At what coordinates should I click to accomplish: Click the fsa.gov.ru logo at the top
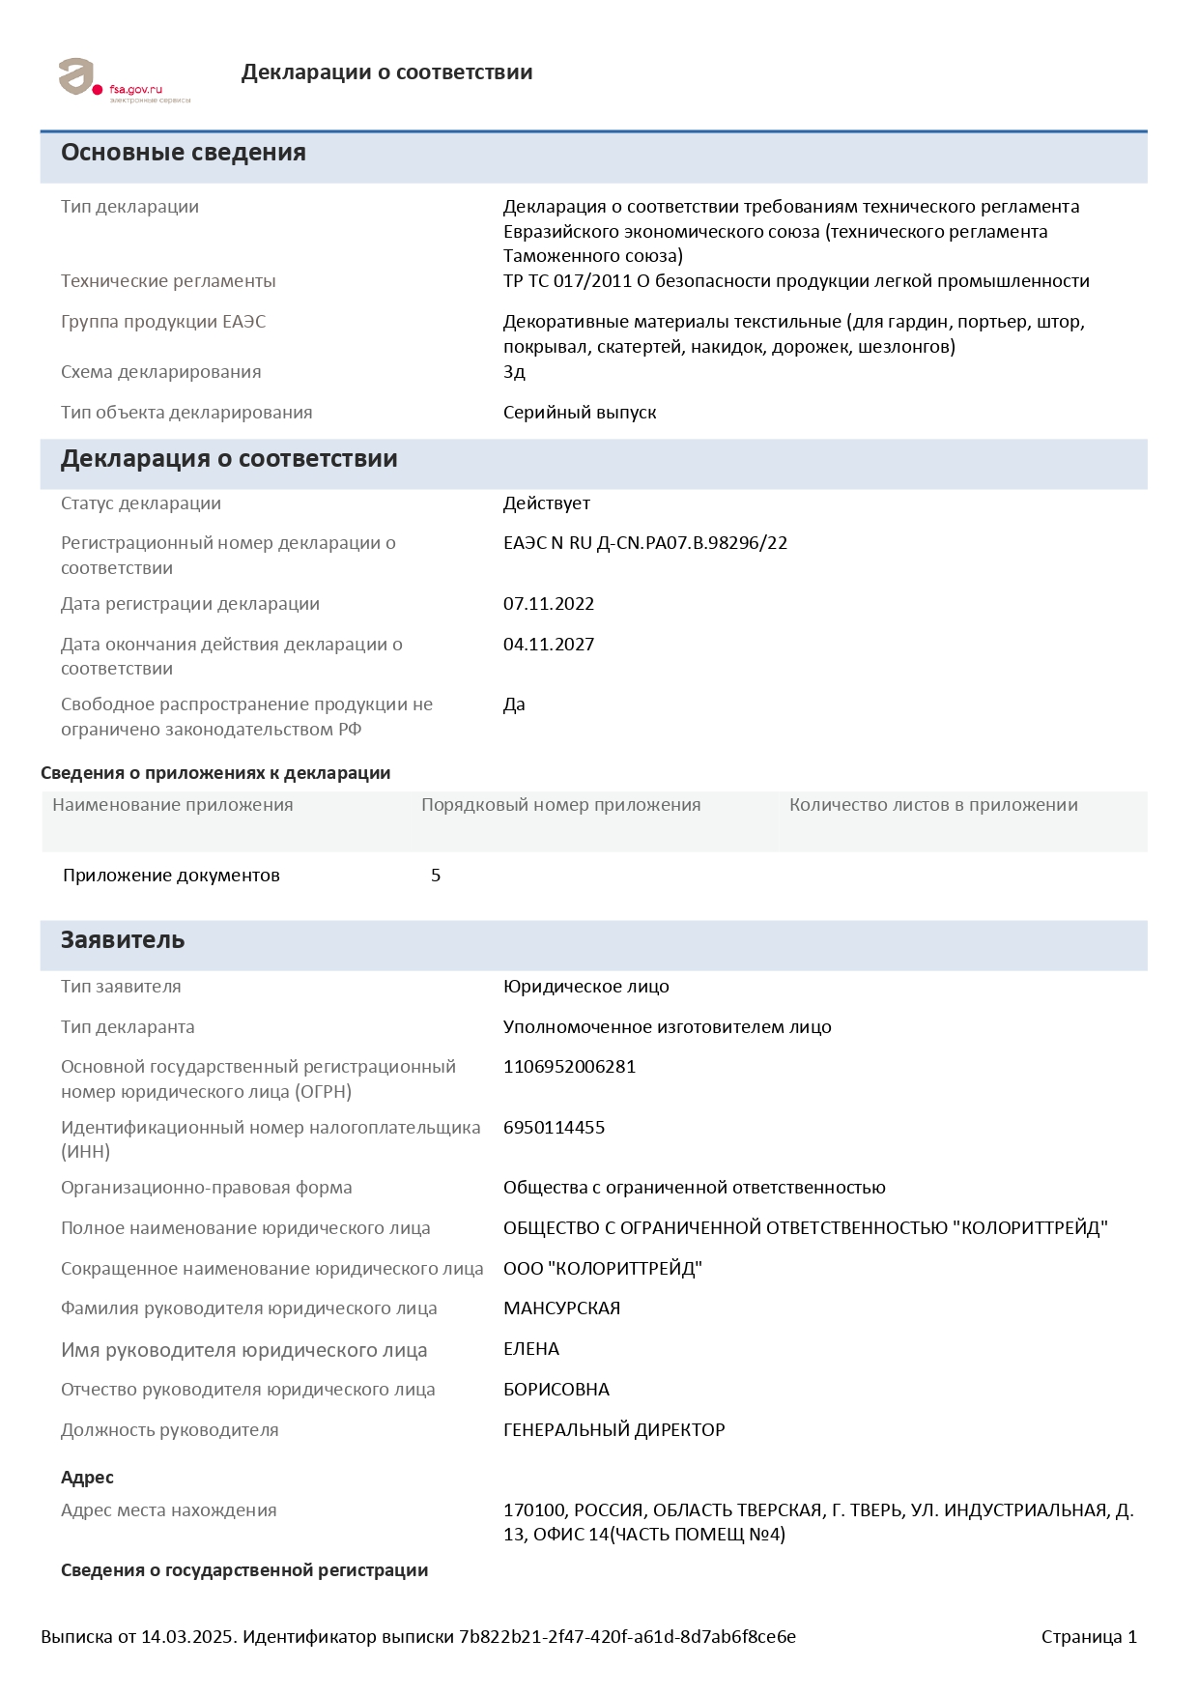point(124,79)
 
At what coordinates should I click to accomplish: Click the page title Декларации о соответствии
point(386,72)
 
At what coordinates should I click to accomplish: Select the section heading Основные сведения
point(184,153)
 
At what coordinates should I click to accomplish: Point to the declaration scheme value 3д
point(514,372)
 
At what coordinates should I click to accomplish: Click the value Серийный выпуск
point(580,413)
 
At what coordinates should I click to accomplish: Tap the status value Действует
point(547,503)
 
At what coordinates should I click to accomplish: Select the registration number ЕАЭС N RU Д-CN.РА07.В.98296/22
point(645,543)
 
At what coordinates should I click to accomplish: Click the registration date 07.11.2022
point(549,604)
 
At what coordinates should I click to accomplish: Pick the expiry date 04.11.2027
point(549,645)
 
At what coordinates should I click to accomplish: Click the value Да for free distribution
point(514,704)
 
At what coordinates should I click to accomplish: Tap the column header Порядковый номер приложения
point(561,805)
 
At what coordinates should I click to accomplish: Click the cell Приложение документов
point(171,876)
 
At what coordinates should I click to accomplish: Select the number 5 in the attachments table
point(436,876)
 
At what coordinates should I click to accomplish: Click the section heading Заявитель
point(123,940)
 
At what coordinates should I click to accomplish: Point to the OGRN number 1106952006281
point(570,1067)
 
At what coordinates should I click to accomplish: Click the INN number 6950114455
point(555,1128)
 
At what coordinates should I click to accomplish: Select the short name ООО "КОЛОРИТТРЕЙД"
point(603,1269)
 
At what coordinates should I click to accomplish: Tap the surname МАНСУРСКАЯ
point(562,1308)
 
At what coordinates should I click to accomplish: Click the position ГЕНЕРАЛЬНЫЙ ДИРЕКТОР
point(614,1430)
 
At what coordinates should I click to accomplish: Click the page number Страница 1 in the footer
point(1089,1637)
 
